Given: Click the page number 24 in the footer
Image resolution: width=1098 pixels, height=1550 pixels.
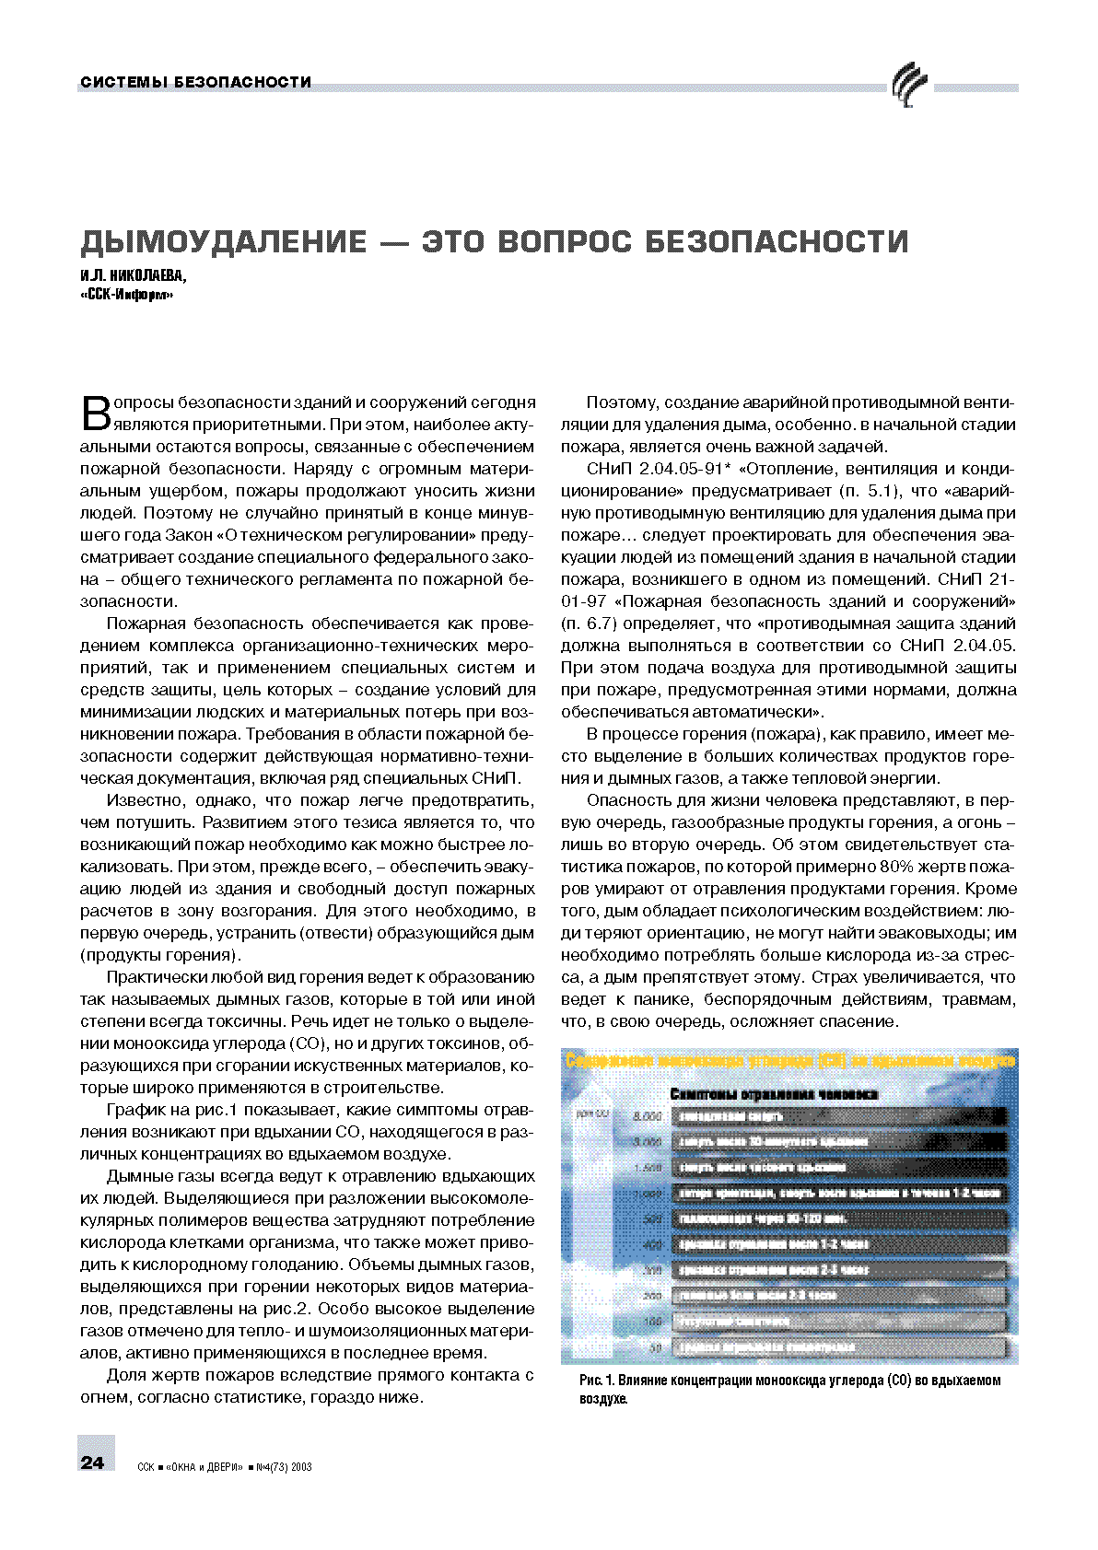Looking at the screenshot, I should pyautogui.click(x=93, y=1462).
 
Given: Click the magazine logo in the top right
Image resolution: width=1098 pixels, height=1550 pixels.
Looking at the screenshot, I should pyautogui.click(x=907, y=85).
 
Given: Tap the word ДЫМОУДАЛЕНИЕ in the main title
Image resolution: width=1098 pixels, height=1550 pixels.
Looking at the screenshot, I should pyautogui.click(x=223, y=241).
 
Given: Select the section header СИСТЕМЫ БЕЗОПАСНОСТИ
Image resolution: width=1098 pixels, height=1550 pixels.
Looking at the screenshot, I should pyautogui.click(x=195, y=82).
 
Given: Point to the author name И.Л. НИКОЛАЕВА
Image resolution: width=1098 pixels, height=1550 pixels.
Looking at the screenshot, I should pyautogui.click(x=133, y=275).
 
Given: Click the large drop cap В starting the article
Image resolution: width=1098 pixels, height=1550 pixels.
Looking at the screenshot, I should pyautogui.click(x=96, y=414).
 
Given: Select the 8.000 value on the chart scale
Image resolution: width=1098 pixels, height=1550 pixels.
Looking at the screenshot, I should pyautogui.click(x=647, y=1116).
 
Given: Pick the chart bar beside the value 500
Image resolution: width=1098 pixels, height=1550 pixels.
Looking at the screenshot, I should pyautogui.click(x=838, y=1218).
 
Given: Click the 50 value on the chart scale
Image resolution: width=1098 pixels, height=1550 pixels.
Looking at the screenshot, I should pyautogui.click(x=655, y=1347).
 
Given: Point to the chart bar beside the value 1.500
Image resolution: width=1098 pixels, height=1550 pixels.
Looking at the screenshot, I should pyautogui.click(x=838, y=1167).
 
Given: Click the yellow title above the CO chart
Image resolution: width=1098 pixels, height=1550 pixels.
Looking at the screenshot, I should pyautogui.click(x=789, y=1061).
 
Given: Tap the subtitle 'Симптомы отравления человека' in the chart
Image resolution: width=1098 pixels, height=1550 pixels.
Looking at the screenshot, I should pyautogui.click(x=773, y=1094).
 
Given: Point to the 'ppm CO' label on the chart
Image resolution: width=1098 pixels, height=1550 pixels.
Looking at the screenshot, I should pyautogui.click(x=591, y=1113).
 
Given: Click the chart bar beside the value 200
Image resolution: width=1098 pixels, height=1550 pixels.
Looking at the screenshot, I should pyautogui.click(x=838, y=1295).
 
